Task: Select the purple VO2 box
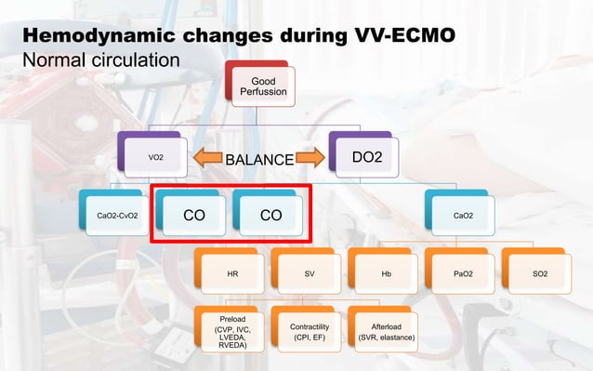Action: tap(154, 158)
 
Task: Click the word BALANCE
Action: tap(260, 159)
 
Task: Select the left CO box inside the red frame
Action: tap(193, 216)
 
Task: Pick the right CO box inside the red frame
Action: tap(270, 216)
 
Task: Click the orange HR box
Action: tap(232, 275)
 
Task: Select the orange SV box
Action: tap(309, 275)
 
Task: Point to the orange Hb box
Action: tap(386, 275)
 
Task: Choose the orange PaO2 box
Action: tap(462, 275)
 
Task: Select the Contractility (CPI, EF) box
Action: tap(309, 330)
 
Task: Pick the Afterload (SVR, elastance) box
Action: tap(385, 330)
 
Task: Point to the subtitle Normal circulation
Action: tap(100, 60)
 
